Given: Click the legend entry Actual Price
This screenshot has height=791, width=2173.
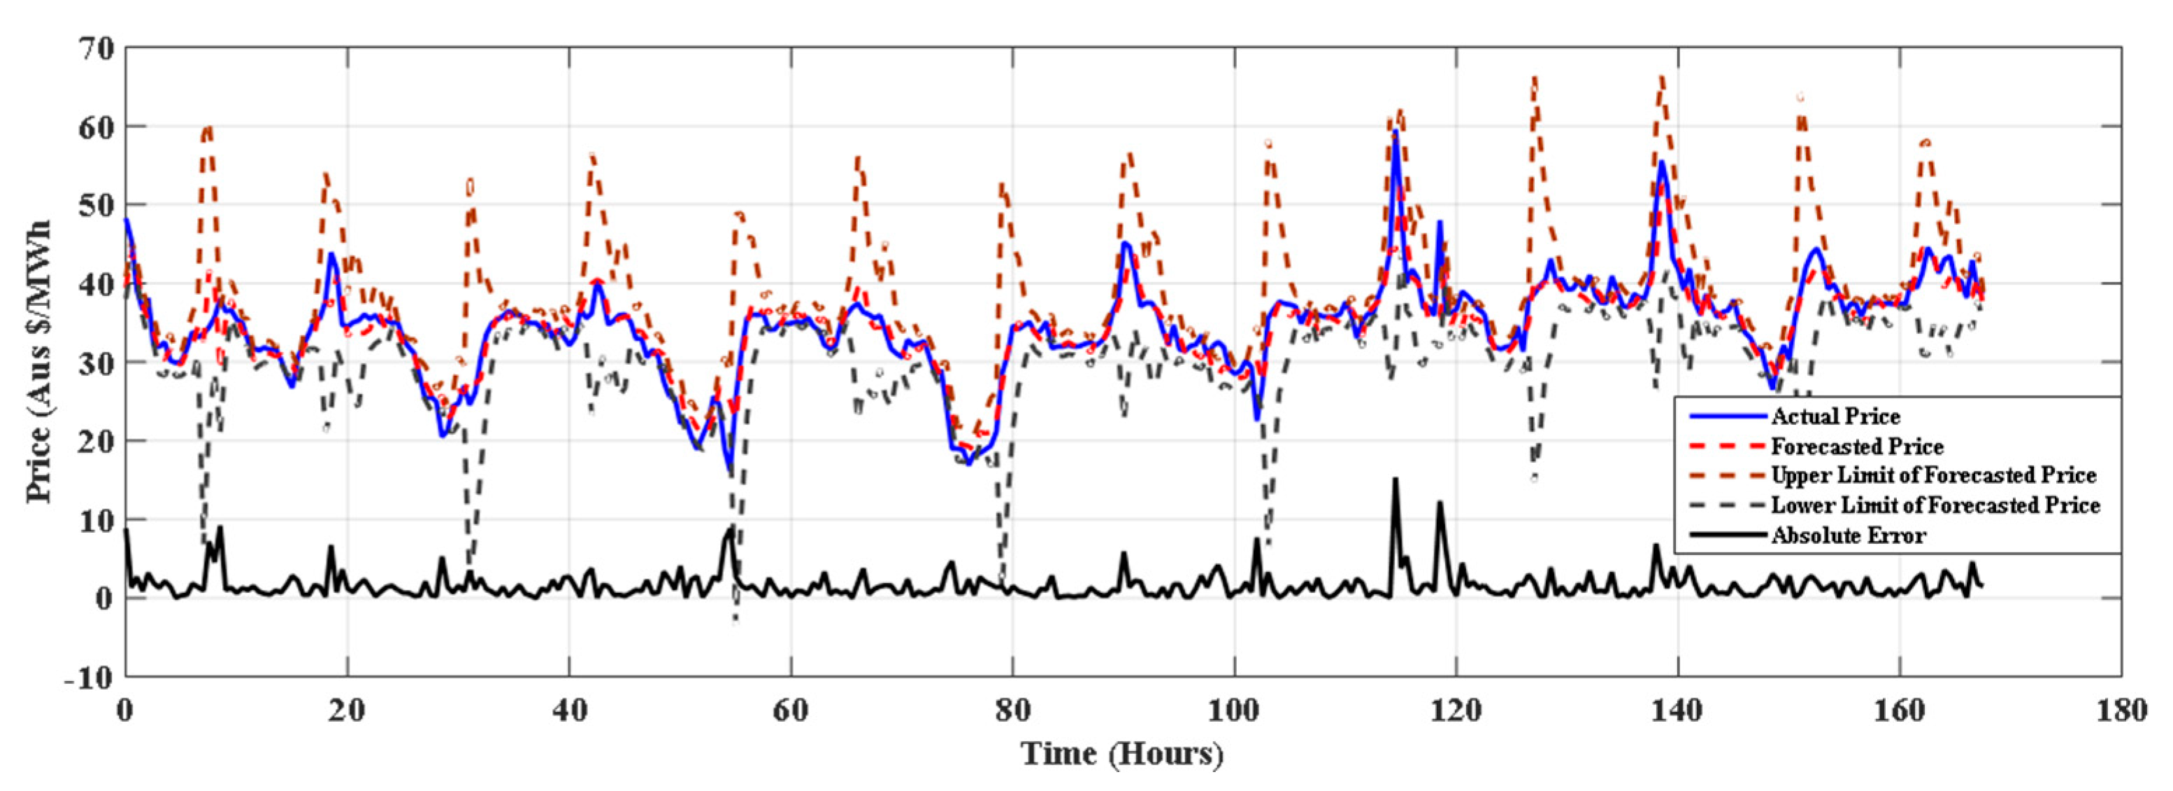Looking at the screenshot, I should coord(1834,416).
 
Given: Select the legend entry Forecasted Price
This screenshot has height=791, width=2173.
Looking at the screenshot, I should coord(1856,446).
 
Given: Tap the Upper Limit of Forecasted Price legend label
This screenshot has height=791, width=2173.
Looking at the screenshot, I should coord(1932,475).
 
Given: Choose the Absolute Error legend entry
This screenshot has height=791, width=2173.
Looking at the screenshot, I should coord(1847,535).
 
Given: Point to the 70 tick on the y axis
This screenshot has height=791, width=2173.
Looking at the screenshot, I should coord(95,49).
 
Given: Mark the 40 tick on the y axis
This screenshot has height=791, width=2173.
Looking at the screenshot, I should coord(95,283).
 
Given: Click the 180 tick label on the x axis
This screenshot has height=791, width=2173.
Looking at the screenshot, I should coord(2121,710).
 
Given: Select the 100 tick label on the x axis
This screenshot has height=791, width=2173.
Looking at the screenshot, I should coord(1234,710).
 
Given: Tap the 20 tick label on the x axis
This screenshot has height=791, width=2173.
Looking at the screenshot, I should coord(347,710).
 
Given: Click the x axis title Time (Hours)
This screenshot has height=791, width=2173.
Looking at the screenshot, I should coord(1122,752).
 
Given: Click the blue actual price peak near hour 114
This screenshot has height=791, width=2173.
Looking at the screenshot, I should coord(1396,132).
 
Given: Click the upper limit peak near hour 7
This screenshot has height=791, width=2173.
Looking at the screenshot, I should coord(208,127).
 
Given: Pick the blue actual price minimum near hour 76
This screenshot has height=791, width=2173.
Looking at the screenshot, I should coord(968,463).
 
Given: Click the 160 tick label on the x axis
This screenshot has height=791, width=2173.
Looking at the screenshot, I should coord(1900,710).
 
